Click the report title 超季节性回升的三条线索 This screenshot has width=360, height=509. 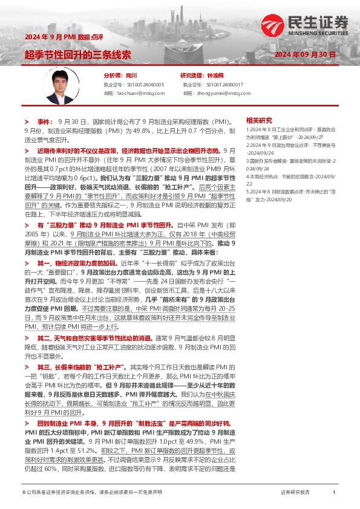point(78,54)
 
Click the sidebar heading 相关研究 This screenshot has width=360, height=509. point(259,120)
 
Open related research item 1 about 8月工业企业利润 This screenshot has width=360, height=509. point(290,134)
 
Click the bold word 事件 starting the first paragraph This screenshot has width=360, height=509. point(45,122)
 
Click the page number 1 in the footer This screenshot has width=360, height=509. point(334,493)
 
